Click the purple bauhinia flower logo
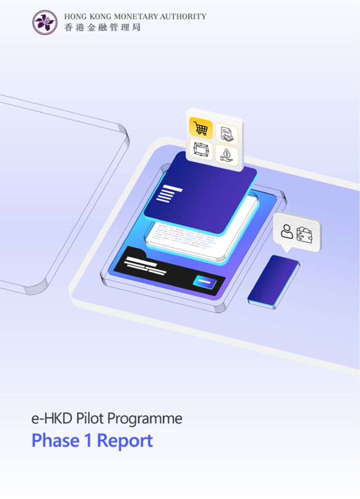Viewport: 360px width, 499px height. click(x=45, y=23)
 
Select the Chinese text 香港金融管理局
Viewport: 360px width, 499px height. click(x=102, y=28)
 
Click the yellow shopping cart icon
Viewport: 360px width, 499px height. click(x=200, y=128)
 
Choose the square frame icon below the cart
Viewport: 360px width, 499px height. click(x=200, y=149)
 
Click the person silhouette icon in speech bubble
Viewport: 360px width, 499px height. click(x=286, y=231)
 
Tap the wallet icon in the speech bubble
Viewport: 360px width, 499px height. click(x=305, y=235)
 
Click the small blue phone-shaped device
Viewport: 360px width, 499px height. click(x=274, y=282)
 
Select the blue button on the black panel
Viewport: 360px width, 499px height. click(x=205, y=282)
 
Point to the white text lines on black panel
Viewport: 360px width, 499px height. click(x=145, y=265)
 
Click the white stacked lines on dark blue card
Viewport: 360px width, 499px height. click(x=169, y=194)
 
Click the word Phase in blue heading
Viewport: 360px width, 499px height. click(x=55, y=441)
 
